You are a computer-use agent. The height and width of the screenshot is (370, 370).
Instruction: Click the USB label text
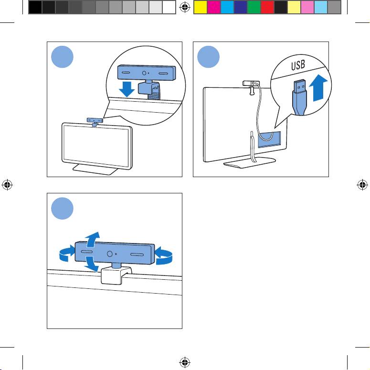pos(298,65)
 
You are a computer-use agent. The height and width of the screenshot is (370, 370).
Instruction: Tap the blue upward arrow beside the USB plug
pos(318,88)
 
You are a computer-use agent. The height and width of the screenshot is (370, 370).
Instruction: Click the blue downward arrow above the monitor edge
pos(127,89)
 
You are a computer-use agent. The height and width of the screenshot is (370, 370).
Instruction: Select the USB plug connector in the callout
pos(300,97)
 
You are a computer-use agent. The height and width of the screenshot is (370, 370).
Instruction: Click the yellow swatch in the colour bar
pos(200,7)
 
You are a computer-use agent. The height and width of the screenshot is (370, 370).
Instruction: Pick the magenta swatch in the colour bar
pos(213,7)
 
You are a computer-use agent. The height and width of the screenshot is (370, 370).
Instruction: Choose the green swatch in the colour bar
pos(254,7)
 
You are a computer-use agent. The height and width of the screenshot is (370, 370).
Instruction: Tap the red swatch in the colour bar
pos(267,7)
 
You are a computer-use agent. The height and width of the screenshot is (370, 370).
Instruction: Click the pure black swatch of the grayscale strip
pos(35,7)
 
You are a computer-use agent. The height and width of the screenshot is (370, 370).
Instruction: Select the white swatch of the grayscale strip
pos(169,7)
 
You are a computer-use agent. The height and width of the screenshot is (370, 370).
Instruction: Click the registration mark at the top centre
pos(185,7)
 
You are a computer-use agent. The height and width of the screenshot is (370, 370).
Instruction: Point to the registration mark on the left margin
pos(7,185)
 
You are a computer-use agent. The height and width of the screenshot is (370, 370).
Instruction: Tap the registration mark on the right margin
pos(362,185)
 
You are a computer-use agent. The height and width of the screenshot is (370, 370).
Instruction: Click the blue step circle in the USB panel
pos(208,57)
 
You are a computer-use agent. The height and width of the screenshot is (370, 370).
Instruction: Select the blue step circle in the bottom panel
pos(62,208)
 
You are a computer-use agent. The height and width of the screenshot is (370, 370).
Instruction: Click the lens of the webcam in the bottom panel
pos(109,254)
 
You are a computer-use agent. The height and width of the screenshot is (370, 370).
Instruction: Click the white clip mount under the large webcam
pos(116,275)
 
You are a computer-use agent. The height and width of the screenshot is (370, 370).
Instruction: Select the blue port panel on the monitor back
pos(269,139)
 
